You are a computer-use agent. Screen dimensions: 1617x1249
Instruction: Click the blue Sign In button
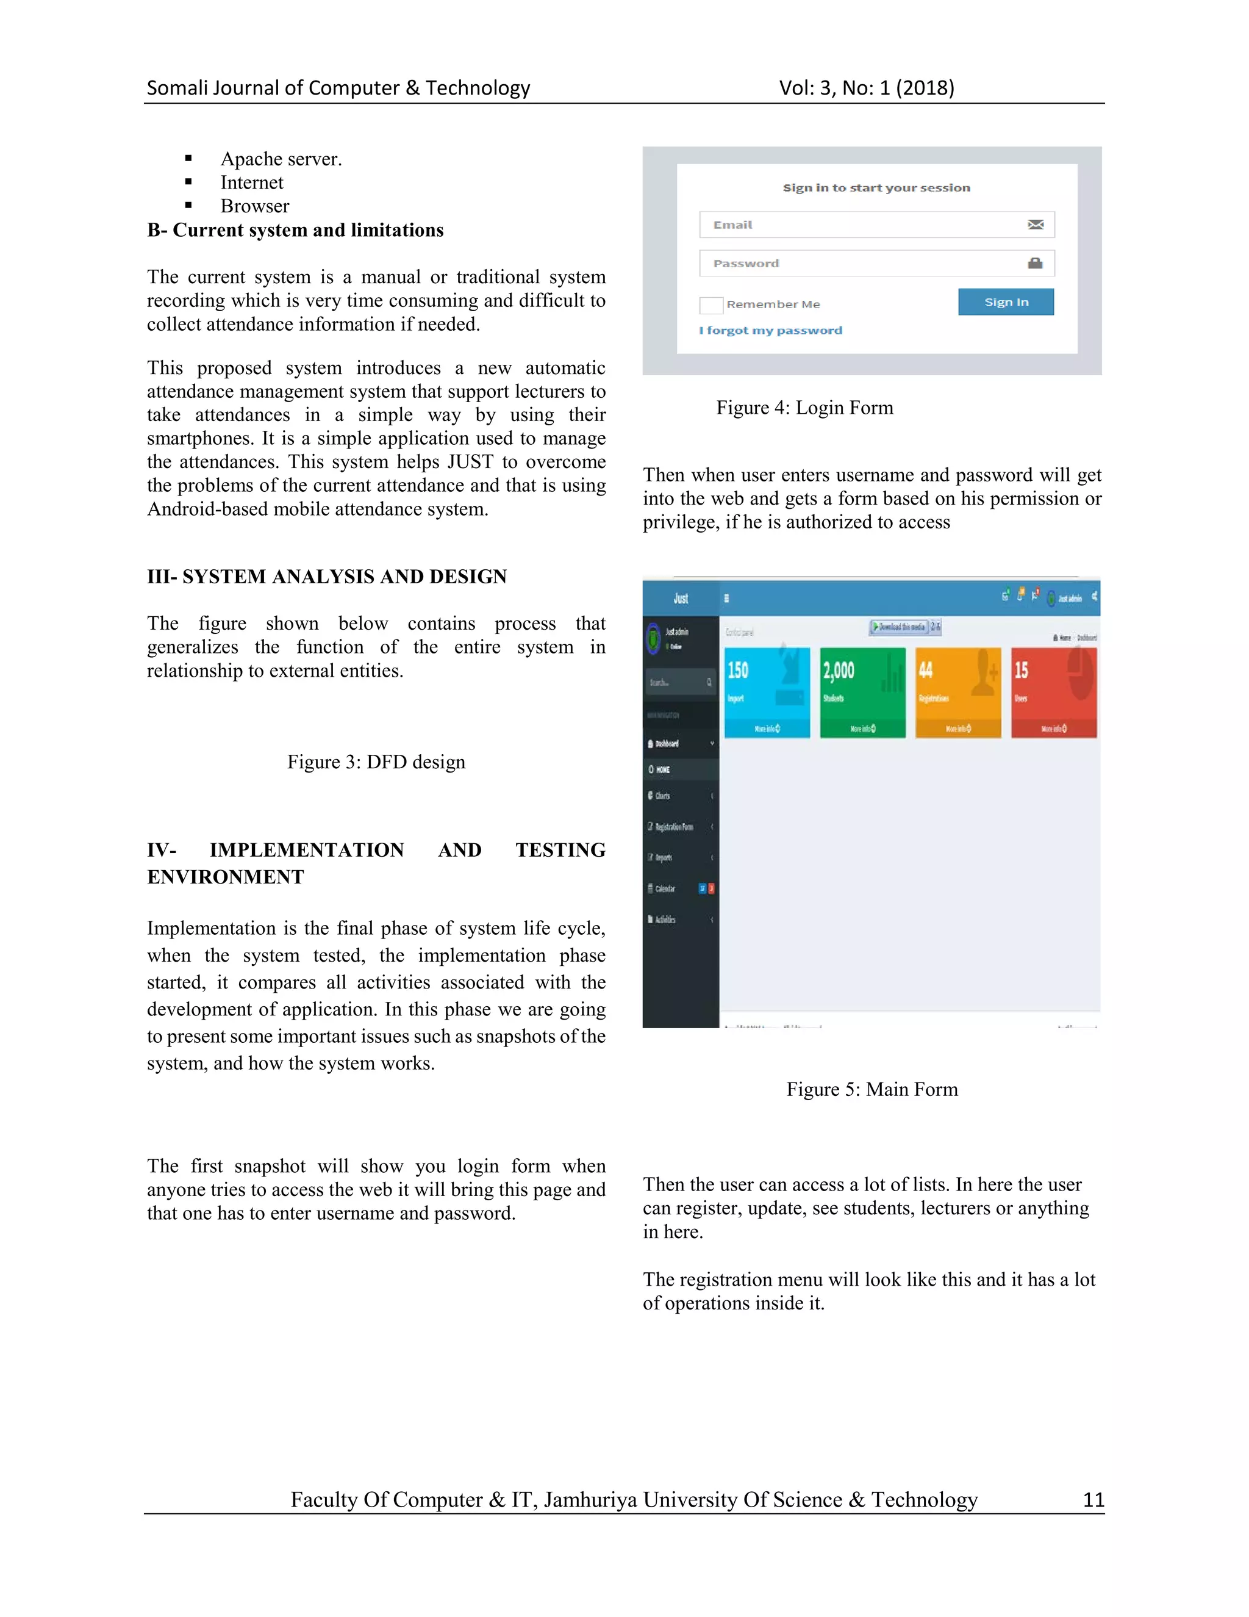pos(1006,302)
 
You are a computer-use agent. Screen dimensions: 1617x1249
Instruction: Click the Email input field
pos(858,225)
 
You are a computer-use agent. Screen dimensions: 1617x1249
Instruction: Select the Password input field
pos(858,264)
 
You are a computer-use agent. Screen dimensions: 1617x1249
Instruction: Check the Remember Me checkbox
pos(710,305)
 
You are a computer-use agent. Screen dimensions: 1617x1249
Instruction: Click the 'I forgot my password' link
pos(770,330)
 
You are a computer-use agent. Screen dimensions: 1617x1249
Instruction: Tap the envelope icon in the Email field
pos(1035,225)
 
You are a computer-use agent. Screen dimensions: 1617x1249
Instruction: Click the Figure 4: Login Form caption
pos(804,408)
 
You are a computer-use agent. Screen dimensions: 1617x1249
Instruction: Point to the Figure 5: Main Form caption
pos(871,1089)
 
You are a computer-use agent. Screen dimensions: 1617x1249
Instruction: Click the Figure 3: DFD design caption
pos(376,762)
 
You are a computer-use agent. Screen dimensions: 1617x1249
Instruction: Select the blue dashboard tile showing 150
pos(767,693)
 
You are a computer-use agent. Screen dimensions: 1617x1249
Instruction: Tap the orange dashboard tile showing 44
pos(957,693)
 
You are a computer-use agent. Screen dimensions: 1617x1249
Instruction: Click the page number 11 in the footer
pos(1093,1500)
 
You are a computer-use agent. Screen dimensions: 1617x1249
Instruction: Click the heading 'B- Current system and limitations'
pos(295,230)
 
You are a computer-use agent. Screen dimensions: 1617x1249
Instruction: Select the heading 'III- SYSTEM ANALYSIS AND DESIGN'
pos(326,577)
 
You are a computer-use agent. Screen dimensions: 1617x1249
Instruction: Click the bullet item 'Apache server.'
pos(281,159)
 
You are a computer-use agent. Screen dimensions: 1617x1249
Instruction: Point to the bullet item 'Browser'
pos(254,206)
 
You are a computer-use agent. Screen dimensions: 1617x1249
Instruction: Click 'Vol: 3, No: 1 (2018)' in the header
pos(867,88)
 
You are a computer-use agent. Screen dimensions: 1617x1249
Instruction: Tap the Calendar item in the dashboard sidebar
pos(665,888)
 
